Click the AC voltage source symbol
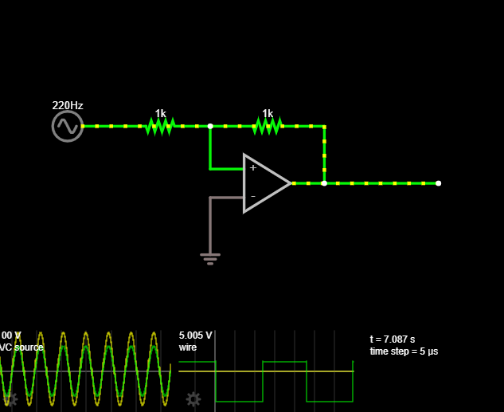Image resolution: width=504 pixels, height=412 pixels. [68, 126]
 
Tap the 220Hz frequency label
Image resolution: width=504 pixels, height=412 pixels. [68, 105]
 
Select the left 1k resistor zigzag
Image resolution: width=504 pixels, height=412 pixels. [160, 126]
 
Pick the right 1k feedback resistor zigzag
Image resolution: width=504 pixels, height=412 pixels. [268, 126]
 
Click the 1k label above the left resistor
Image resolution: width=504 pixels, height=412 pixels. [160, 113]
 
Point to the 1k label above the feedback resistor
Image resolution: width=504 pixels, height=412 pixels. [268, 113]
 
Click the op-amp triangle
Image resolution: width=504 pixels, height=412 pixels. [266, 183]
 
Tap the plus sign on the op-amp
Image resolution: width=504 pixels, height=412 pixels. [253, 168]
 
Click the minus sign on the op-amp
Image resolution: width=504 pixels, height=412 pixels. [253, 196]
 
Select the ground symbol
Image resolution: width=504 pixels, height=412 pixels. [210, 257]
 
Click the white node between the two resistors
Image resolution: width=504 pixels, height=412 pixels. [210, 126]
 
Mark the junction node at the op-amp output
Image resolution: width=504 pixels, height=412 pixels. [324, 183]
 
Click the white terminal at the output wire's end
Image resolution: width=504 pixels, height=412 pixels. [438, 183]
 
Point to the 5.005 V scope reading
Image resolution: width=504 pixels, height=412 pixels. [196, 335]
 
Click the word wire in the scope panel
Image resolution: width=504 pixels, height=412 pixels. [188, 347]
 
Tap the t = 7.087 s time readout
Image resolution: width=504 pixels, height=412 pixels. [393, 339]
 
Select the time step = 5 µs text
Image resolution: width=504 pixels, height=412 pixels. [404, 351]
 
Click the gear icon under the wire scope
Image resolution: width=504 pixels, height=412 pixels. [193, 398]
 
